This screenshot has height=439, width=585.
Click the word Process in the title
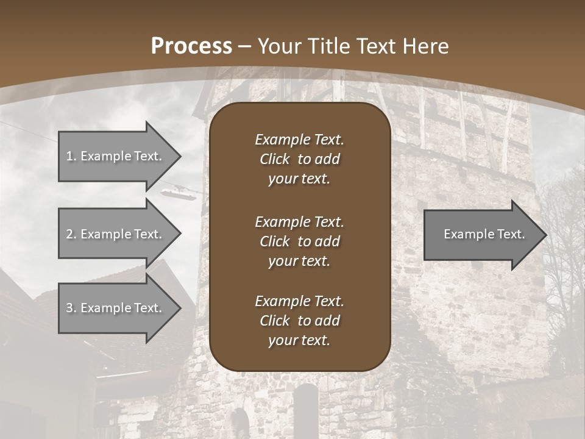point(191,46)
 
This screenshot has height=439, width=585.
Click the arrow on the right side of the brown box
point(481,235)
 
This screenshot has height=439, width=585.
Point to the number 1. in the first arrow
point(71,156)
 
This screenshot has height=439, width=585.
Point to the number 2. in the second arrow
point(71,234)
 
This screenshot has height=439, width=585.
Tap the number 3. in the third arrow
point(71,308)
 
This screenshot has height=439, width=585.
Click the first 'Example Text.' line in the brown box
point(299,140)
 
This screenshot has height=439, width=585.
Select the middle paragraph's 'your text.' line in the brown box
point(299,261)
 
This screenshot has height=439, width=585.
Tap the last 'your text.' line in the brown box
point(299,341)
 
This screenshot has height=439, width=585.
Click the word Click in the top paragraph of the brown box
point(274,159)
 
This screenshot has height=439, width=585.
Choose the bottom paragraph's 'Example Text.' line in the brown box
point(299,301)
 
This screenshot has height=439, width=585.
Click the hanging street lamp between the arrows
point(179,193)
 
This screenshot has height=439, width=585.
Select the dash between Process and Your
point(245,46)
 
